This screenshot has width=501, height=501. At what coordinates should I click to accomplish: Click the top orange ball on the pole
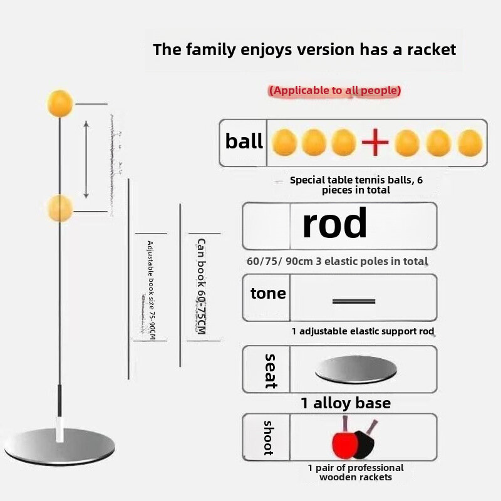(x=60, y=103)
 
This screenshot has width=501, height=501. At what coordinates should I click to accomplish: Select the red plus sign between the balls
(x=375, y=143)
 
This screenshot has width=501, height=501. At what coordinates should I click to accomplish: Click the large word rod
(x=334, y=224)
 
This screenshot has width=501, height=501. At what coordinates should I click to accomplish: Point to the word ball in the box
(x=244, y=142)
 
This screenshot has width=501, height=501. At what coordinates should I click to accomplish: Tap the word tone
(x=268, y=294)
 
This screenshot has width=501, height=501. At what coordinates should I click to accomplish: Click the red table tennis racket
(x=345, y=442)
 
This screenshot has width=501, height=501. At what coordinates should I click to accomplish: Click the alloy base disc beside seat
(x=356, y=370)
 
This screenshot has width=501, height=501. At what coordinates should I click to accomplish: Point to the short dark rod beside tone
(x=354, y=301)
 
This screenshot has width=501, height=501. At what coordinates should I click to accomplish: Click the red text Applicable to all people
(x=335, y=91)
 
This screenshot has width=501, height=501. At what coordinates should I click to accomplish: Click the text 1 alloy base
(x=345, y=403)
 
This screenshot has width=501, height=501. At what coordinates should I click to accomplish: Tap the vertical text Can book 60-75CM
(x=201, y=286)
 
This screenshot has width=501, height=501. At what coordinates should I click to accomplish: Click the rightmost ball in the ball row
(x=469, y=143)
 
